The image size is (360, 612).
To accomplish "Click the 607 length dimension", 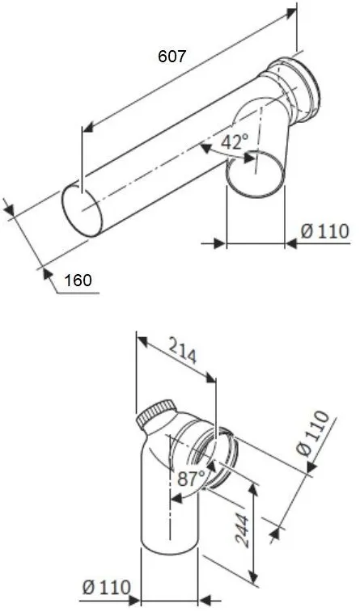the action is point(172,57).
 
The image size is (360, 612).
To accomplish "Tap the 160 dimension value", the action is point(78,281).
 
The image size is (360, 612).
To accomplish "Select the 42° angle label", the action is point(235,141).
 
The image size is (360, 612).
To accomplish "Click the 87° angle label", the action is point(191,478).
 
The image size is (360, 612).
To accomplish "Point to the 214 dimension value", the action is point(182,350).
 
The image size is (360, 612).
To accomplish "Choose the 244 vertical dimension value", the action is point(242,531).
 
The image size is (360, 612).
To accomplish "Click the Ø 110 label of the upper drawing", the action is point(325,231).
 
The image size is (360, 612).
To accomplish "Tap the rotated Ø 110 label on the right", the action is point(313,433).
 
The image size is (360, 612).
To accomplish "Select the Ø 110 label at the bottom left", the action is point(106,587).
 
